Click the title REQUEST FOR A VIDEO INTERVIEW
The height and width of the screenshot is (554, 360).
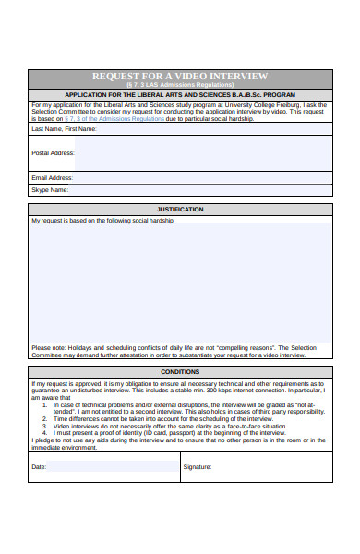coord(180,76)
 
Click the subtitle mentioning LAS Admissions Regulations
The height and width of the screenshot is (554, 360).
coord(180,84)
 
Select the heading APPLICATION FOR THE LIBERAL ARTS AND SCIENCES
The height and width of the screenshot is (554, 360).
coord(180,95)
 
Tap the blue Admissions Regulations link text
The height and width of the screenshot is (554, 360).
coord(102,119)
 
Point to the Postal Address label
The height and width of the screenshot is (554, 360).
coord(53,152)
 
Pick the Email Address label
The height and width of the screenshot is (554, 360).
coord(52,177)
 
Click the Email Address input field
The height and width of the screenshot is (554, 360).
coord(203,177)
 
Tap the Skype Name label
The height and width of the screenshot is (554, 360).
coord(50,190)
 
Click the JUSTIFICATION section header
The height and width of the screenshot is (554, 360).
coord(180,210)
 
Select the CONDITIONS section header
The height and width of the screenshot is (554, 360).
coord(180,371)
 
